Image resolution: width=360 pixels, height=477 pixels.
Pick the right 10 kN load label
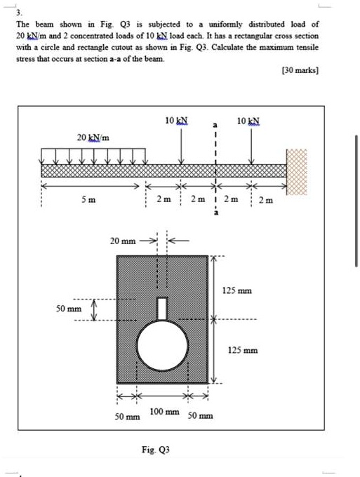click(x=249, y=121)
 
